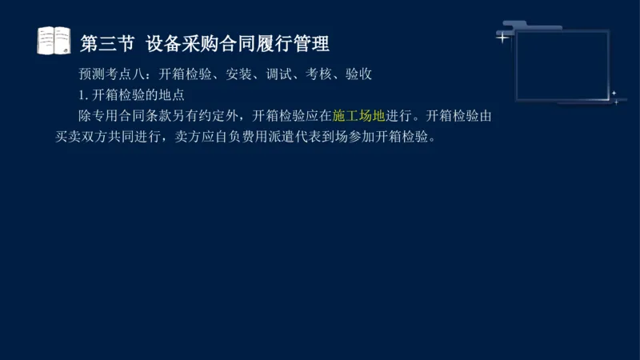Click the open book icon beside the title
(54, 41)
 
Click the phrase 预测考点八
(113, 75)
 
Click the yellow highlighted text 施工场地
(358, 116)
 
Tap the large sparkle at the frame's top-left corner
(502, 37)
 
